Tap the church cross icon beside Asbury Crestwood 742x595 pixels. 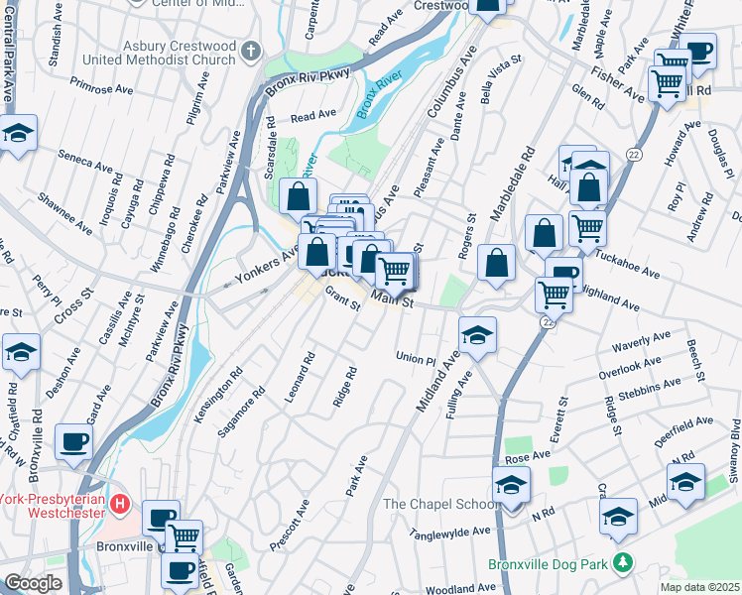point(252,51)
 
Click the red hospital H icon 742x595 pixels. point(120,504)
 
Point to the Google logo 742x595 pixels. point(33,583)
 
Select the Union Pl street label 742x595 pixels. point(416,358)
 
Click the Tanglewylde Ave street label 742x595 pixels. point(452,533)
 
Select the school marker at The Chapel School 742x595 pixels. point(512,486)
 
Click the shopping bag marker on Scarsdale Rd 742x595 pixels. point(299,196)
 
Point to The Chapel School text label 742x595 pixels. point(440,504)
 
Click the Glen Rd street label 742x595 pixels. point(588,96)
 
